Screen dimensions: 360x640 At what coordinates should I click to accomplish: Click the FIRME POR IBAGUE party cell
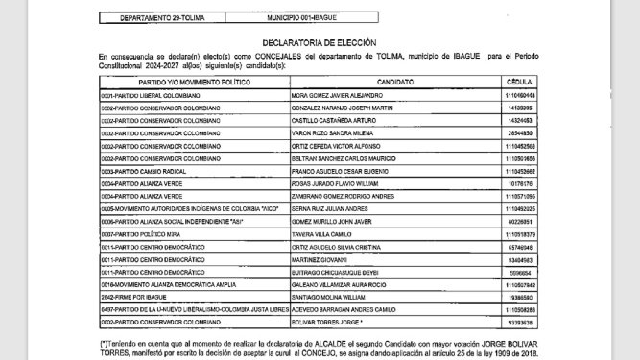[129, 298]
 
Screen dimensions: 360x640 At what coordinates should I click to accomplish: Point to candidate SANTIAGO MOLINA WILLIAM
[329, 298]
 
